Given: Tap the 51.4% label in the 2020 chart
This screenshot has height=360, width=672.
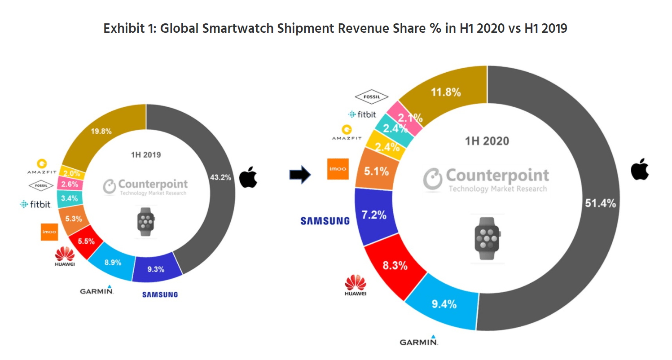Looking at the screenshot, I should (600, 203).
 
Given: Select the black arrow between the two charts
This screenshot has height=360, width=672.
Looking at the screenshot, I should (299, 175).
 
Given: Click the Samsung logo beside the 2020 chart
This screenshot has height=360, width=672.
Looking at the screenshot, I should (325, 220).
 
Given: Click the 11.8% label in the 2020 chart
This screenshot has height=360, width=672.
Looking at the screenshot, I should (445, 93).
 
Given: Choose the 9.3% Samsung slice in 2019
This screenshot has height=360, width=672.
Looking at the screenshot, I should (156, 269).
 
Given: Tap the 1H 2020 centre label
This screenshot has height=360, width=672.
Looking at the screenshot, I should (487, 141).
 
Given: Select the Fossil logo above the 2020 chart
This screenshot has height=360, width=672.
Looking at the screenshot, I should (371, 96).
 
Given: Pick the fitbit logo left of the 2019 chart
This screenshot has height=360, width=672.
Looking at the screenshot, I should (35, 204).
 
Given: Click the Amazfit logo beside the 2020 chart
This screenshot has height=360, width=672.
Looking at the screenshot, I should (347, 133).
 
